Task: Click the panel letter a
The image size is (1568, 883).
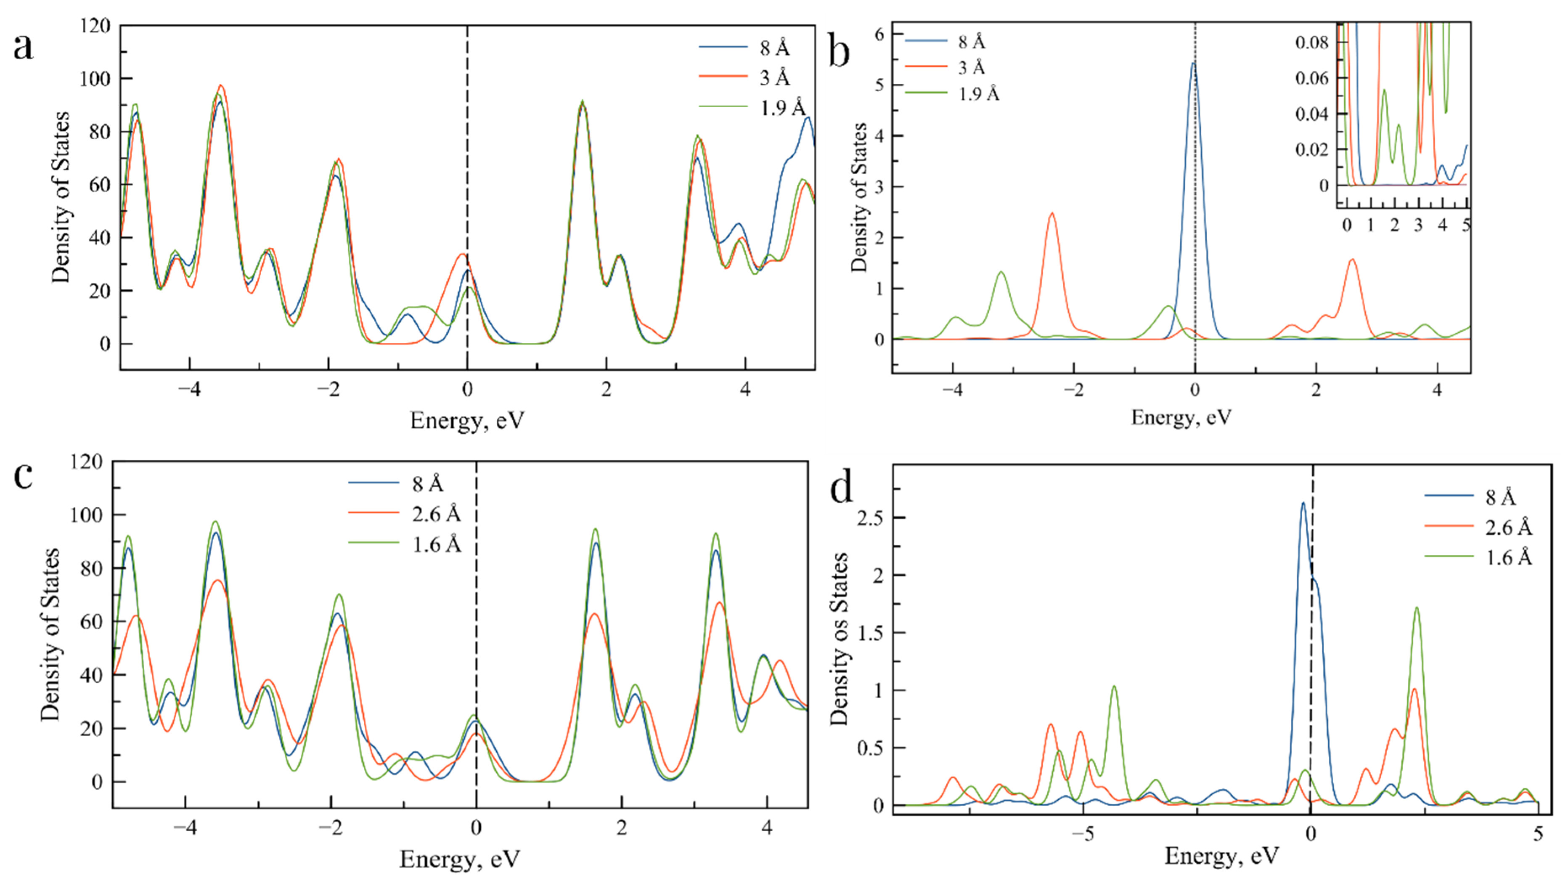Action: [x=23, y=48]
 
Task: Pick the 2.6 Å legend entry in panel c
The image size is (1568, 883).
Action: [x=436, y=514]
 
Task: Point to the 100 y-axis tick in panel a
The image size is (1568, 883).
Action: [x=94, y=79]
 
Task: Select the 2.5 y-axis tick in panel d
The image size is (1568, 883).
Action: [x=871, y=517]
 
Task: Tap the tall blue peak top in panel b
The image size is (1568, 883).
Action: [x=1194, y=63]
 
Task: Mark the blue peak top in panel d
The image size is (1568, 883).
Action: [x=1303, y=503]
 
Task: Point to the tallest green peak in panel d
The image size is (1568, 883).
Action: [x=1417, y=608]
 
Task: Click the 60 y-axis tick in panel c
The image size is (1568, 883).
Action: [x=91, y=622]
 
